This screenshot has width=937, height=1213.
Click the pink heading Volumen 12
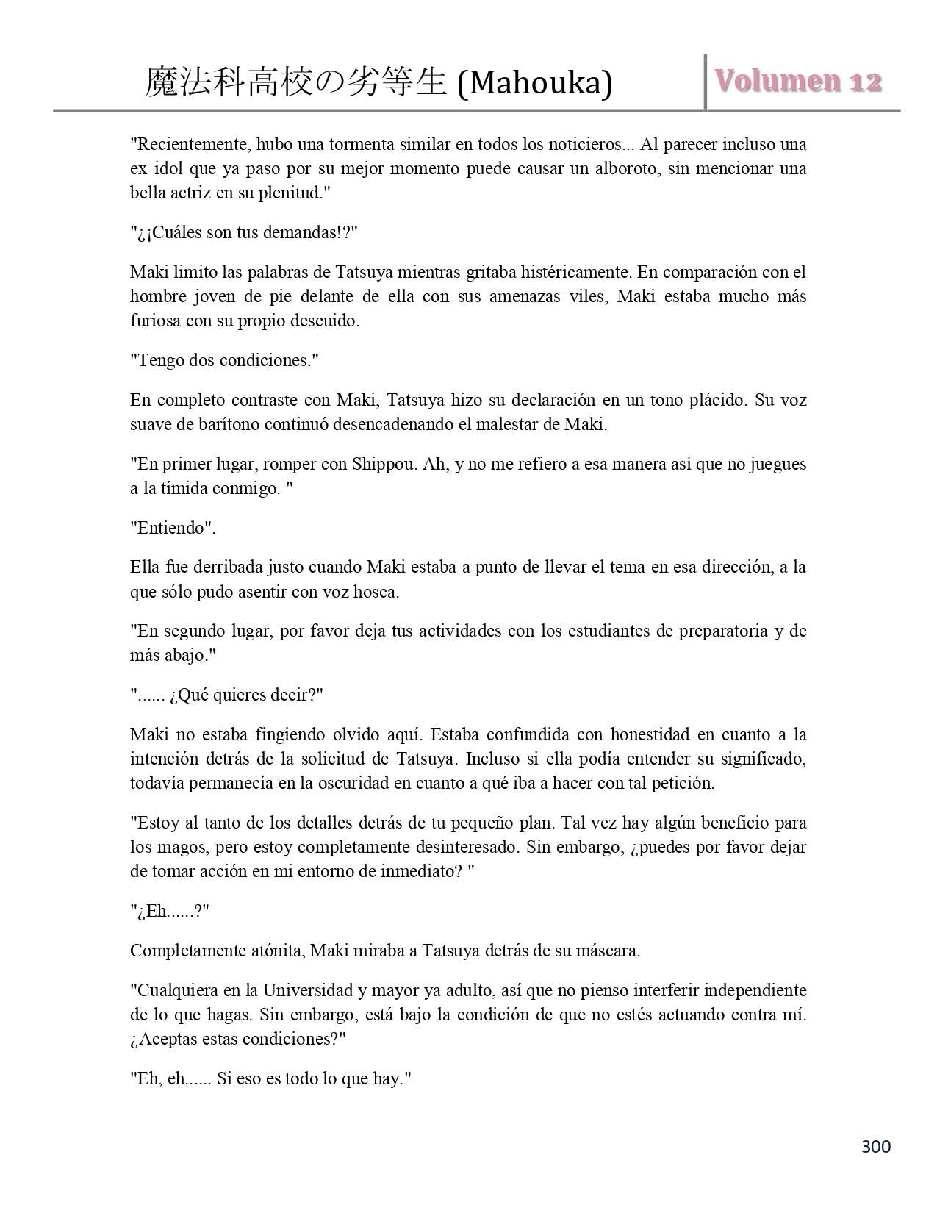(799, 81)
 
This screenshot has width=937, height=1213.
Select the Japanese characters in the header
(296, 83)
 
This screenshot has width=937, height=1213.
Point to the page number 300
(875, 1147)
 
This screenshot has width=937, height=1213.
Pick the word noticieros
(578, 144)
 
